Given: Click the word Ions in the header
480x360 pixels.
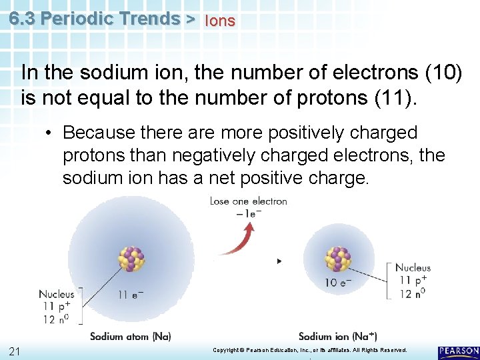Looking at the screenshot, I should (x=220, y=21).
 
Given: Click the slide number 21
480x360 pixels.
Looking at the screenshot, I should (x=15, y=351).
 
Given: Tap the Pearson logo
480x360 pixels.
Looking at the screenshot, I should (x=458, y=351).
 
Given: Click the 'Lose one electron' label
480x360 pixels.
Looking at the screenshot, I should (x=248, y=201).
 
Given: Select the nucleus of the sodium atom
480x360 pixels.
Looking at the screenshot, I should (x=131, y=259).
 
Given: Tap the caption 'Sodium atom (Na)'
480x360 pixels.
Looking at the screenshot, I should (x=130, y=336).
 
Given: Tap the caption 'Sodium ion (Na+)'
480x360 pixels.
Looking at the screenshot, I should (x=337, y=336).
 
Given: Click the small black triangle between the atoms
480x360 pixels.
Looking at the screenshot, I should (x=279, y=261).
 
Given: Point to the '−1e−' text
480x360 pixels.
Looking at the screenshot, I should (x=248, y=213).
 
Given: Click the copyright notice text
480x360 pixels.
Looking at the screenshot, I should (x=309, y=350).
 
